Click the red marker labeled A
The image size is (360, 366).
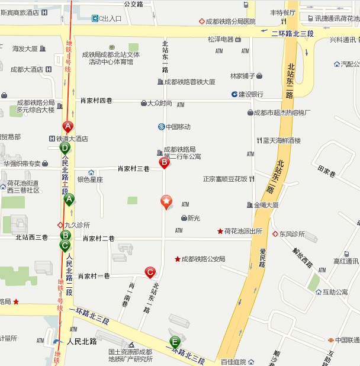[x=68, y=126]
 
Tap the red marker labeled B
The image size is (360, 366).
[x=165, y=162]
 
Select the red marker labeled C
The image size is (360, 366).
[x=150, y=272]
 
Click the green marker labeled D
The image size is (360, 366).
[x=65, y=147]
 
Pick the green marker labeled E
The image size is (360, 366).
[x=175, y=341]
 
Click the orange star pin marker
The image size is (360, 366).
[x=167, y=202]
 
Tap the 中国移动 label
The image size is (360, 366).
[x=178, y=127]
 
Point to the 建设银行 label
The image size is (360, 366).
[x=250, y=94]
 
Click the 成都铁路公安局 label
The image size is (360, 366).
[x=203, y=259]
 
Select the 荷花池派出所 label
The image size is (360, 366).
[x=243, y=231]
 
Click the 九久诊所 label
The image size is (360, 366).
[x=78, y=225]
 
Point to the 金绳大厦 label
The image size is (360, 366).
[x=266, y=205]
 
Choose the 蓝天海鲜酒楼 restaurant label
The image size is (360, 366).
[x=282, y=140]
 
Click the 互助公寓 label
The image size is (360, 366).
[x=335, y=292]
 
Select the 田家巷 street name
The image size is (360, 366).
[x=327, y=172]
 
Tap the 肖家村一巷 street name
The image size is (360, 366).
[x=94, y=276]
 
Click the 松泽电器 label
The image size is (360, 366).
[x=221, y=40]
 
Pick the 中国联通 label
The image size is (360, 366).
[x=347, y=340]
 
